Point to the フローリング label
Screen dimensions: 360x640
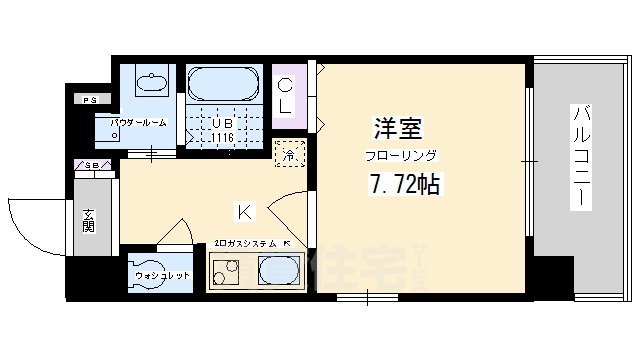coord(399,155)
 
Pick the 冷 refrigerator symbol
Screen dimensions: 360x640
coord(287,155)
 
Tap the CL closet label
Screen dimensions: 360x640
coord(286,94)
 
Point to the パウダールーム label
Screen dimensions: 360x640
coord(138,122)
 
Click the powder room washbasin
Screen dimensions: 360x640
coord(151,84)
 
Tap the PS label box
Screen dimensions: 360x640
coord(90,99)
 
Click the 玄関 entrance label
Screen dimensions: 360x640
coord(89,220)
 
